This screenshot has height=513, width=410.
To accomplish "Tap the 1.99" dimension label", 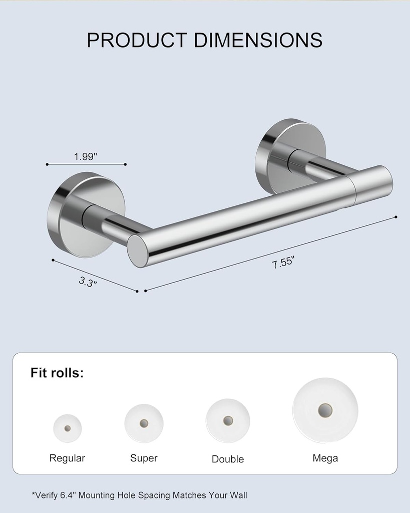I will (86, 156).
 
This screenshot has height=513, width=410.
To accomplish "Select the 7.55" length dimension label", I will (283, 262).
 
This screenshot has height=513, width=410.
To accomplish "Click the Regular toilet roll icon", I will (67, 428).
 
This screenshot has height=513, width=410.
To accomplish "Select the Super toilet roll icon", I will (144, 423).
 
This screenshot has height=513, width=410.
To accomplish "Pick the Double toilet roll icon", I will (228, 420).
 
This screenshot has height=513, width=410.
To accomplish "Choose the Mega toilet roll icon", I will (325, 410).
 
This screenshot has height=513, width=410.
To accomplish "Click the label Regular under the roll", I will (67, 458).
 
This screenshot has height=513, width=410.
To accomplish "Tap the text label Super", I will (144, 458).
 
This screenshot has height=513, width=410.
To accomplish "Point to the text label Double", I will (228, 459).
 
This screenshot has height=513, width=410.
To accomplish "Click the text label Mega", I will (325, 458).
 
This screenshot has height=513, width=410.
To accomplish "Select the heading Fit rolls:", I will (57, 373).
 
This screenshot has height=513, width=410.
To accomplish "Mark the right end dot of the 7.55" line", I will (396, 217).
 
